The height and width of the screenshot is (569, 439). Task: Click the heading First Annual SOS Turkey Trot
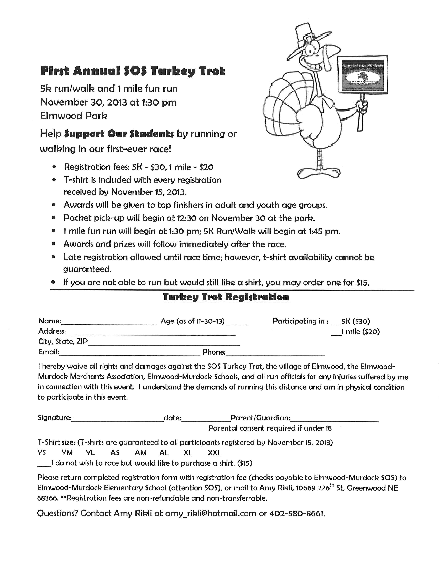pos(133,71)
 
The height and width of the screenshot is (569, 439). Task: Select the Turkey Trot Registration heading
pos(226,297)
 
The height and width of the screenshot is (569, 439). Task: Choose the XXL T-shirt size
pos(215,453)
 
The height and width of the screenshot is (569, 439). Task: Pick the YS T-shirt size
pos(42,453)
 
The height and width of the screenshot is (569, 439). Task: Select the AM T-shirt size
pos(141,453)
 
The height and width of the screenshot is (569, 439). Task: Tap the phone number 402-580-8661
pos(297,513)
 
